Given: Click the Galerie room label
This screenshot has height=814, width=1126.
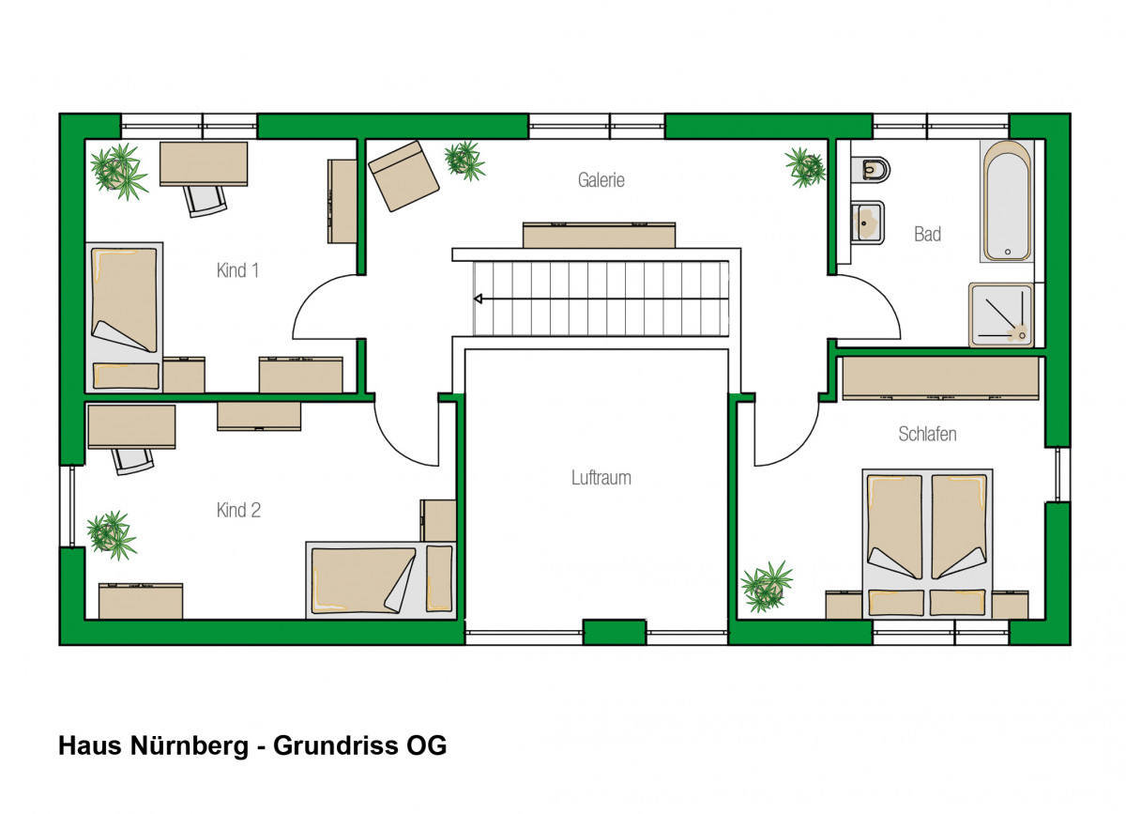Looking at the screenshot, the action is click(x=601, y=180).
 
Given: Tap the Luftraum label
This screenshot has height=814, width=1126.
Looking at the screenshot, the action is click(x=601, y=478).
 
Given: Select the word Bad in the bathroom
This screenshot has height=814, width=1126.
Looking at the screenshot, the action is click(x=927, y=234).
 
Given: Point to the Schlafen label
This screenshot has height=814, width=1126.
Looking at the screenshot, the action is click(x=927, y=434).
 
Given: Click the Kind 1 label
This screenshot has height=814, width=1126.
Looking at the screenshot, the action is click(x=237, y=270).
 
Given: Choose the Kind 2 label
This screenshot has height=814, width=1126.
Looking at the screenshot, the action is click(x=238, y=510).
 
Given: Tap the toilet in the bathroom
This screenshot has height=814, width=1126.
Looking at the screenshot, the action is click(x=870, y=169).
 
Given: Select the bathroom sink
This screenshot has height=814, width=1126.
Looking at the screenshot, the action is click(x=867, y=223).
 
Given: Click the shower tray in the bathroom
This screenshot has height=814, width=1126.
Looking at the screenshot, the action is click(x=1001, y=315).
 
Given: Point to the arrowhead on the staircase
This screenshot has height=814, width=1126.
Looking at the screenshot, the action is click(x=478, y=299).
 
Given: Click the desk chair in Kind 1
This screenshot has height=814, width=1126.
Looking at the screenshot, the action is click(x=205, y=201).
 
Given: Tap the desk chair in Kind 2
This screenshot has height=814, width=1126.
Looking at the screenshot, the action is click(x=132, y=461).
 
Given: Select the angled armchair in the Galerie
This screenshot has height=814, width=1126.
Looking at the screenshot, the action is click(x=403, y=176).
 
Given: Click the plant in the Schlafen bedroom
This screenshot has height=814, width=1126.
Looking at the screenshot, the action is click(x=766, y=587).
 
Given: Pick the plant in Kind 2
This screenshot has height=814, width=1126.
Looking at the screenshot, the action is click(x=111, y=535).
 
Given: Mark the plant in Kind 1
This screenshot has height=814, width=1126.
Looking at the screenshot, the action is click(x=119, y=172).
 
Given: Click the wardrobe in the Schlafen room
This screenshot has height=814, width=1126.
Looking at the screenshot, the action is click(x=940, y=378).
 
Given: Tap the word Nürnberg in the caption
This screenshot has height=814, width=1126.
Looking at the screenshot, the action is click(x=190, y=745).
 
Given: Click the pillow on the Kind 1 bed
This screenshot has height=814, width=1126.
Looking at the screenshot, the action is click(x=126, y=376).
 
